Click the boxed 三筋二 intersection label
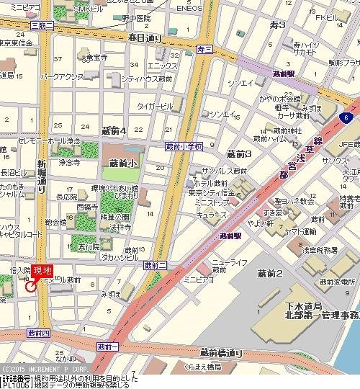click(42, 24)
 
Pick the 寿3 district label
click(277, 25)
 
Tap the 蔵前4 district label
click(114, 130)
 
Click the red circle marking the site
click(30, 286)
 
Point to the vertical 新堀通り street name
click(42, 176)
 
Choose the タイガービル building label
click(156, 107)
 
